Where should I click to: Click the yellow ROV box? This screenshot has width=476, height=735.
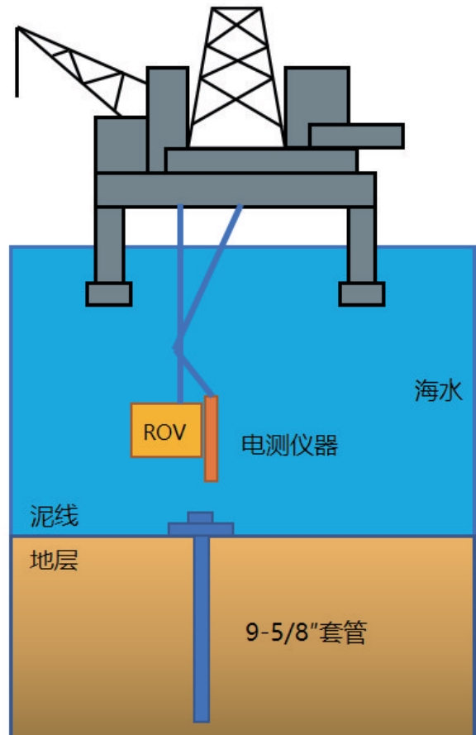[x=166, y=430]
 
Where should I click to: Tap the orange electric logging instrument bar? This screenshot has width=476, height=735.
[x=211, y=439]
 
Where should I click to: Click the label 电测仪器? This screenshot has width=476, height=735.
[x=289, y=446]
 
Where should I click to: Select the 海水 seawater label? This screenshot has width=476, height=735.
[x=439, y=390]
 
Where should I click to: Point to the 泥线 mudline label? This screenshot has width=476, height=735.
[x=55, y=516]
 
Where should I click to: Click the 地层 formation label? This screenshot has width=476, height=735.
[x=54, y=561]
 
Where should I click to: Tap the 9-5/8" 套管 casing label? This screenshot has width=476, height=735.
[x=307, y=632]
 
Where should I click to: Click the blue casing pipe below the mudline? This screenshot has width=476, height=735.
[x=202, y=629]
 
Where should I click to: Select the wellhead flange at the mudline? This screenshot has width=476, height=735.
[x=201, y=529]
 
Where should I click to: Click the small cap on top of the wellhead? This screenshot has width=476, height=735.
[x=201, y=518]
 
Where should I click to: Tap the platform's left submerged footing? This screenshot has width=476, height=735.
[x=109, y=294]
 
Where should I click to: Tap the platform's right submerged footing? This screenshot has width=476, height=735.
[x=362, y=294]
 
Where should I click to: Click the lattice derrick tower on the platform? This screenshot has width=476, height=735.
[x=236, y=78]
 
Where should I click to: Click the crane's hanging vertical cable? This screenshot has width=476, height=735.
[x=17, y=62]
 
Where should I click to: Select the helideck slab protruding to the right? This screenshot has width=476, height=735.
[x=356, y=136]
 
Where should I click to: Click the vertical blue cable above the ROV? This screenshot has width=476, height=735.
[x=180, y=303]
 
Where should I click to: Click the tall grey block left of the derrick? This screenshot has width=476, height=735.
[x=167, y=120]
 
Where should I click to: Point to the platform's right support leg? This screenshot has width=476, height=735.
[x=362, y=244]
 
